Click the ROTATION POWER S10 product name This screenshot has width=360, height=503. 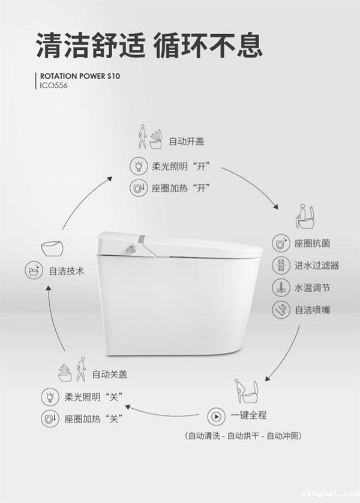tap(80, 76)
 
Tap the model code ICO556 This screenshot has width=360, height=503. tap(53, 86)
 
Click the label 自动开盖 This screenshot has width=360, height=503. tap(187, 142)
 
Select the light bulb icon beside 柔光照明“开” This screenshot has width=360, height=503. tap(139, 166)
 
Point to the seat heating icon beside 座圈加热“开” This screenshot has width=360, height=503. tap(139, 188)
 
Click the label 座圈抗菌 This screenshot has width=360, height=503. tap(312, 244)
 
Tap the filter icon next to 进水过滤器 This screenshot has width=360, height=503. tap(281, 265)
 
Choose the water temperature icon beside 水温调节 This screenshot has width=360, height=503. tap(281, 288)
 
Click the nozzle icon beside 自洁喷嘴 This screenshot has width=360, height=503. tap(281, 310)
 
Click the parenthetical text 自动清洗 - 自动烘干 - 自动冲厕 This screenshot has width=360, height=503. tap(244, 436)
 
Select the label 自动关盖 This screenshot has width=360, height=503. tap(110, 375)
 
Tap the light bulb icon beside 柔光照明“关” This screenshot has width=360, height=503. tap(50, 397)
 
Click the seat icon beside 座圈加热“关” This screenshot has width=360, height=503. tap(50, 418)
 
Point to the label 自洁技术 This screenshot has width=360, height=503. tap(67, 271)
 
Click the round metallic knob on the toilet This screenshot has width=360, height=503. tap(131, 248)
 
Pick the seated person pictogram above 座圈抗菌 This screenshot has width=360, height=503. tap(305, 217)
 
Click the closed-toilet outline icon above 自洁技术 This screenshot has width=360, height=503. tap(52, 249)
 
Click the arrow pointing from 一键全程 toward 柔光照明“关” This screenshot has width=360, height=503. tap(161, 413)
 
